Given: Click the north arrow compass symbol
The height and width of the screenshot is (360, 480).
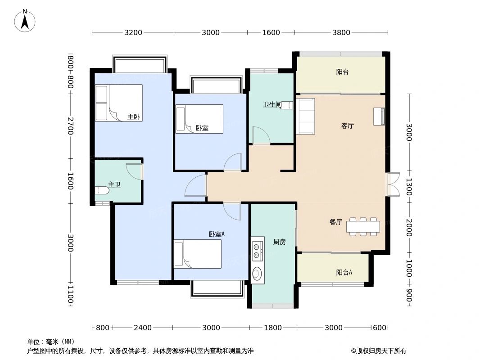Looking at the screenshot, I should pyautogui.click(x=26, y=20).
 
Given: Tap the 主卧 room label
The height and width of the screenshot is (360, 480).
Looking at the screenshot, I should pyautogui.click(x=133, y=117).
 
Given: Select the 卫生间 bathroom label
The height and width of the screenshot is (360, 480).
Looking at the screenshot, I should pyautogui.click(x=272, y=105).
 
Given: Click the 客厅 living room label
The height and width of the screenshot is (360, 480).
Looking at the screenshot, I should pyautogui.click(x=347, y=126).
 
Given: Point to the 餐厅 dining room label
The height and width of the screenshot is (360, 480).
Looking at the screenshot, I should pyautogui.click(x=335, y=222).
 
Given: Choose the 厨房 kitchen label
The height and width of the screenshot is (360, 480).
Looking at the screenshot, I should pyautogui.click(x=279, y=242).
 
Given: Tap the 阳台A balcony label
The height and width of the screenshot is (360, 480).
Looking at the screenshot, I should pyautogui.click(x=344, y=272).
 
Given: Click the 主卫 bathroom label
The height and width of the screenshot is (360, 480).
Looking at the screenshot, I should pyautogui.click(x=114, y=184).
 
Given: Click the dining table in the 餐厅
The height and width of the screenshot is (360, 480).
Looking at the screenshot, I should pyautogui.click(x=363, y=226).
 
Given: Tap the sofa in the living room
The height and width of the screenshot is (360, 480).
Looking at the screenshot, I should pyautogui.click(x=306, y=116).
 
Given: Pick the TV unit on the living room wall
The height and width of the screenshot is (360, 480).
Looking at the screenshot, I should pyautogui.click(x=379, y=117).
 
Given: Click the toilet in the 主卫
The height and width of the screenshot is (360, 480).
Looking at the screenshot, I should pyautogui.click(x=102, y=191).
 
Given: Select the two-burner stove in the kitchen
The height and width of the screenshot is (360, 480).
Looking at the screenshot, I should pyautogui.click(x=257, y=251).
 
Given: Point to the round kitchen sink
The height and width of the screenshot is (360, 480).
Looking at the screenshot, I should pyautogui.click(x=257, y=274).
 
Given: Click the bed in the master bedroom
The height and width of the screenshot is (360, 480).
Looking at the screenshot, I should pyautogui.click(x=118, y=103).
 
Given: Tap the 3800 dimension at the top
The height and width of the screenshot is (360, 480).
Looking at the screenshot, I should pyautogui.click(x=341, y=32).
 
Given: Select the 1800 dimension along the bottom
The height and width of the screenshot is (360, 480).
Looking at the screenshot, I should pyautogui.click(x=273, y=328).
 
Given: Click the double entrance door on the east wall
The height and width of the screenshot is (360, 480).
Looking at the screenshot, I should pyautogui.click(x=393, y=184).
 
